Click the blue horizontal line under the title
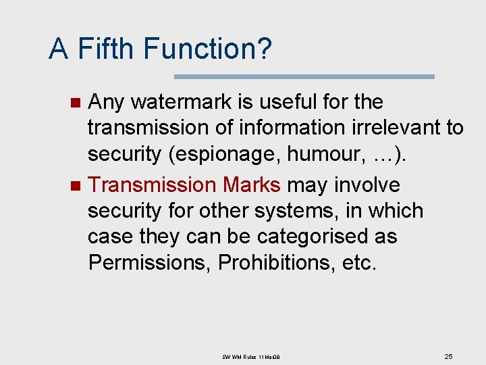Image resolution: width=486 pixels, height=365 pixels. (304, 76)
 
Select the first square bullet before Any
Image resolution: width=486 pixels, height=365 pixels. (76, 103)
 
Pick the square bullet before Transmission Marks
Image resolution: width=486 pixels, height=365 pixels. (76, 186)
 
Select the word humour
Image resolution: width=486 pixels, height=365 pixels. (327, 154)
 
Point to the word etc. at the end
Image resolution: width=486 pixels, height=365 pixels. (358, 262)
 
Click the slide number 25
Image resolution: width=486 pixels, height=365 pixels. (448, 356)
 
